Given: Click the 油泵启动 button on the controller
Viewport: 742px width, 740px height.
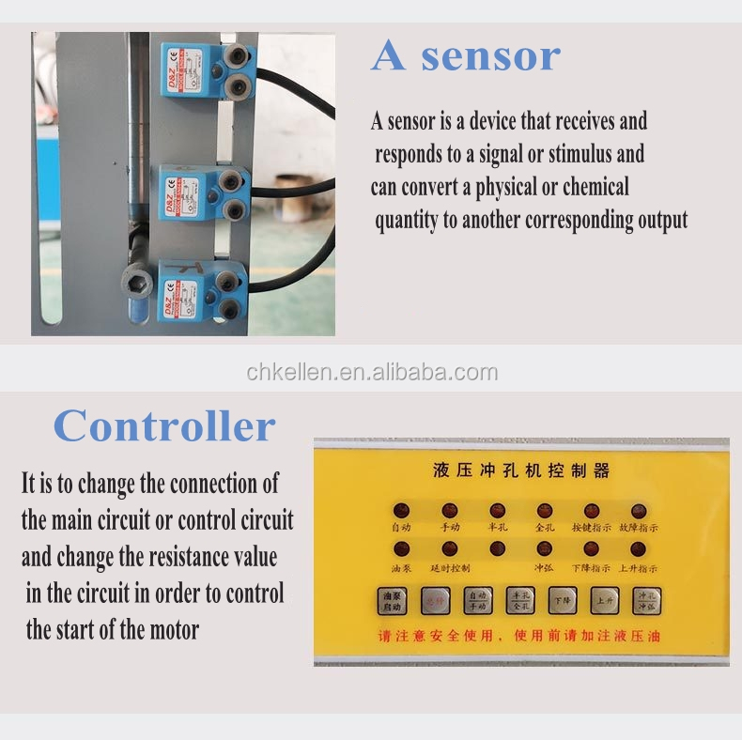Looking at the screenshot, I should [391, 601].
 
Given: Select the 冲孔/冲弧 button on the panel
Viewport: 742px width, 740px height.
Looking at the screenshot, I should [647, 600].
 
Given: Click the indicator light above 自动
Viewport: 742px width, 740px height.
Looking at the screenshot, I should [401, 511].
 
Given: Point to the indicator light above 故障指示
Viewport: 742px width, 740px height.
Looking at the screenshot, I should [639, 511].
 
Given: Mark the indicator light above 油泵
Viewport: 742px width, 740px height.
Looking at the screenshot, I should [401, 549].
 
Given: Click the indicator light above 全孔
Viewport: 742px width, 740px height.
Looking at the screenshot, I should [545, 511].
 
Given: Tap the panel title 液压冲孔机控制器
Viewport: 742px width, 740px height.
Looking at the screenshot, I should [521, 470].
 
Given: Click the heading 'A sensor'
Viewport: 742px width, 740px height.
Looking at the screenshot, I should [466, 55].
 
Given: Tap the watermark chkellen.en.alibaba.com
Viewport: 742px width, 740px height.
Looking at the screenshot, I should [372, 373].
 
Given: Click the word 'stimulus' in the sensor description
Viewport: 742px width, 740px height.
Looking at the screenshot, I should [583, 154].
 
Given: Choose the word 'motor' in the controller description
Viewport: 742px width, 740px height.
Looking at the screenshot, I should [175, 629].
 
